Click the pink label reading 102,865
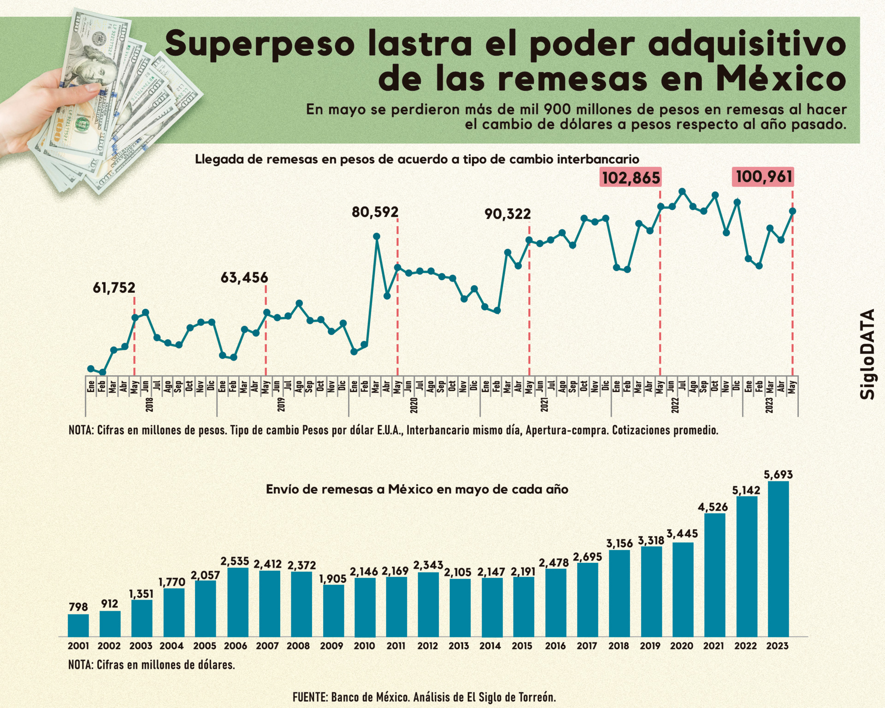631,177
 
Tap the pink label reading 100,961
763,177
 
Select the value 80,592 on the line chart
375,212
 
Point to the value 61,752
114,288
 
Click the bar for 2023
778,559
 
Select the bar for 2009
333,610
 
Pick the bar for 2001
78,625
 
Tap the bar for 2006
238,602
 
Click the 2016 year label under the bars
555,646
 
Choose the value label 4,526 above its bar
713,507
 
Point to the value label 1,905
333,578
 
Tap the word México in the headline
781,79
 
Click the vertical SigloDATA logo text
867,354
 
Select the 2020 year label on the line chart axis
414,405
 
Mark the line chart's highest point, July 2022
682,191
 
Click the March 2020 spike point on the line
377,236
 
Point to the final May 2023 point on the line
792,211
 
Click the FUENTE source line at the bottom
424,697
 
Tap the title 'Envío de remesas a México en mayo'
417,489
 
